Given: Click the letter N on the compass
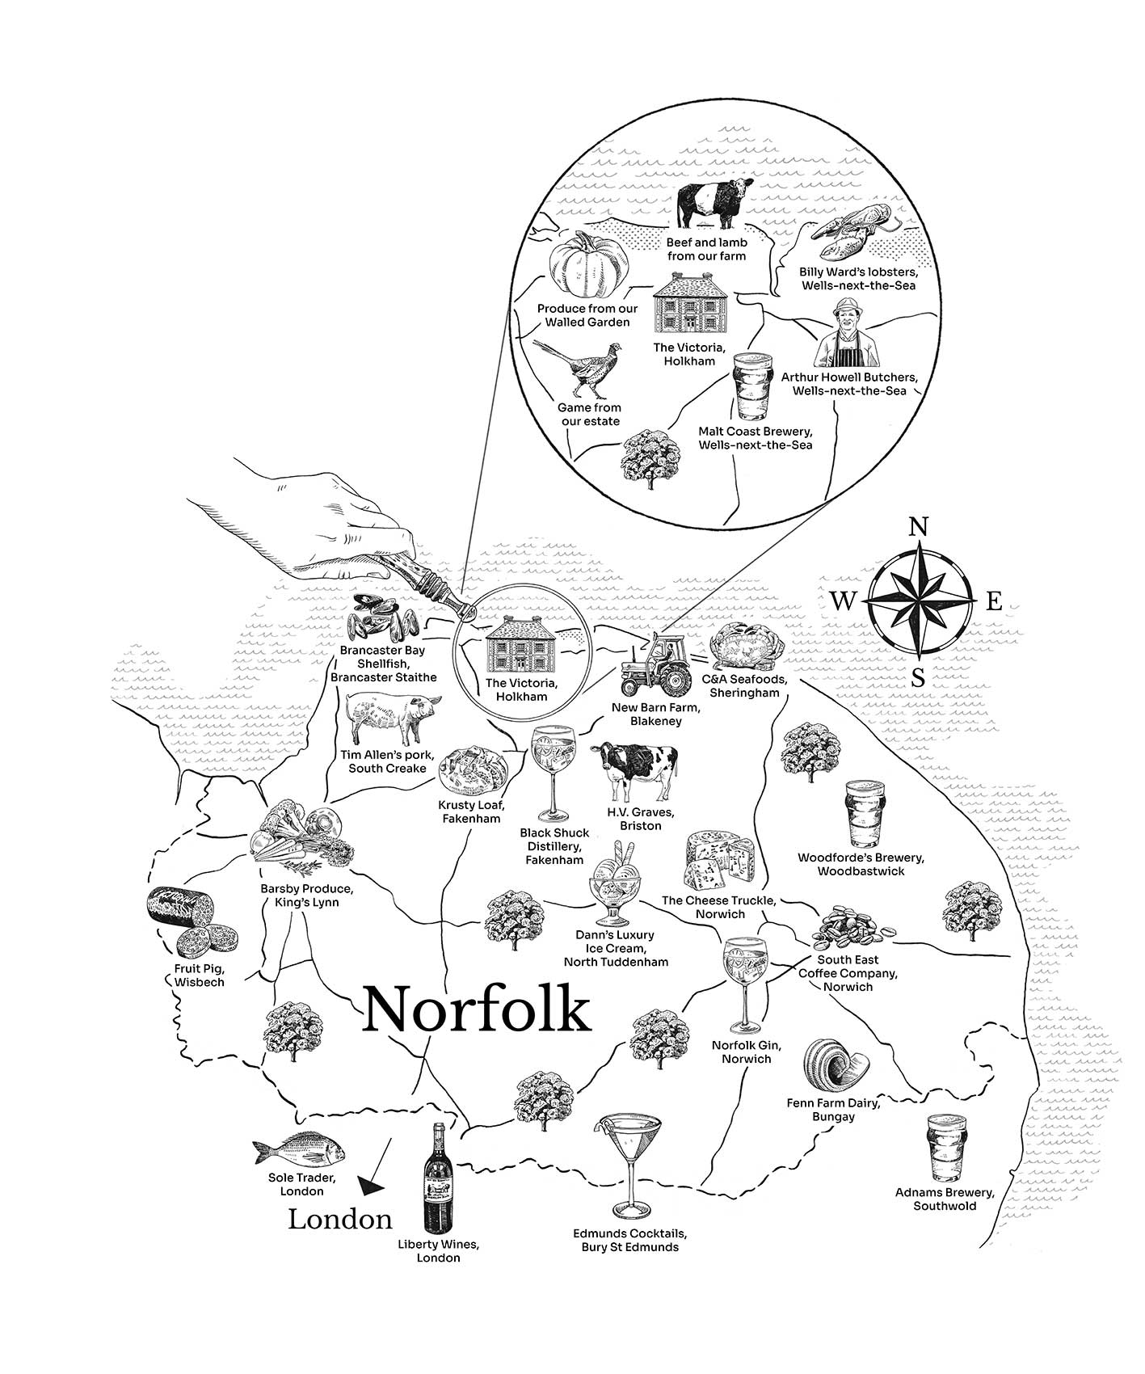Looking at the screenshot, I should (918, 528).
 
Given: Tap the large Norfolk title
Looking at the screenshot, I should (477, 1009).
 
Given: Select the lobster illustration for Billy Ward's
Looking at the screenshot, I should (850, 227).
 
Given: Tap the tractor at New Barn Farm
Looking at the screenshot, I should (655, 665).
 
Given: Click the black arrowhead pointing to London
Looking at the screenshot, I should (371, 1186).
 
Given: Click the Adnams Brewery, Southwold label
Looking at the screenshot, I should (944, 1199).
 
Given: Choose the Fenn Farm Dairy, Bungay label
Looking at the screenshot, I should (833, 1109).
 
